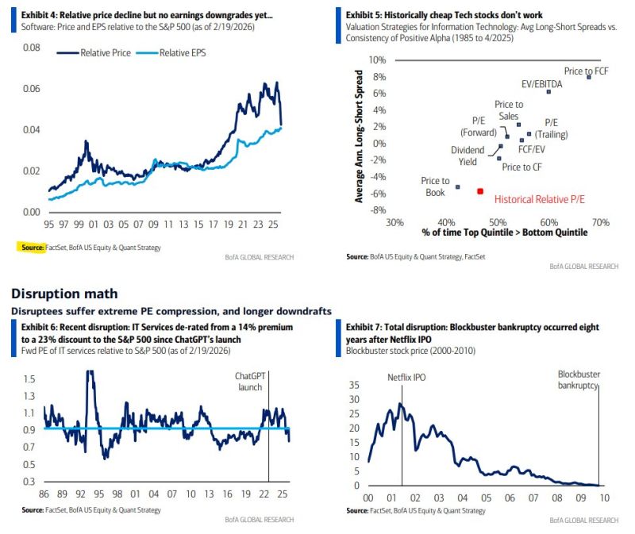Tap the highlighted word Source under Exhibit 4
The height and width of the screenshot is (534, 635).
[31, 248]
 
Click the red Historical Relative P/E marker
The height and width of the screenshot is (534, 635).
[480, 191]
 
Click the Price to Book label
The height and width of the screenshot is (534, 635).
[435, 186]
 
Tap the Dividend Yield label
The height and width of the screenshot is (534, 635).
[468, 156]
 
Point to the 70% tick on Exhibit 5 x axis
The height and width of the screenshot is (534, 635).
[600, 222]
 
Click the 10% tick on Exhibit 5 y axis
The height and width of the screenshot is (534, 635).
[377, 60]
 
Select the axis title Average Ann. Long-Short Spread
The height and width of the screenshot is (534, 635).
[359, 137]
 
